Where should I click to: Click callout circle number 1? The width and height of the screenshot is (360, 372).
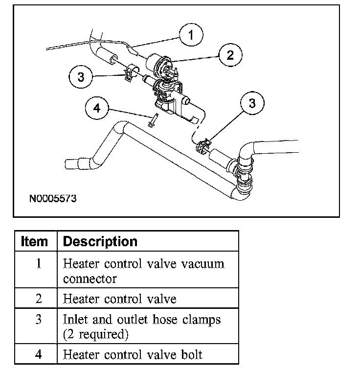coord(191,35)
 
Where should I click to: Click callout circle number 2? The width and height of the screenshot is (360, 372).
coord(230,55)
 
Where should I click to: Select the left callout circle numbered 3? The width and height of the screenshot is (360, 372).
coord(81,77)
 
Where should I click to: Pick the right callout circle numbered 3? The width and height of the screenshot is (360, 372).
coord(252,103)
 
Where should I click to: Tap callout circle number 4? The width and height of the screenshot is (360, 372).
coord(97,108)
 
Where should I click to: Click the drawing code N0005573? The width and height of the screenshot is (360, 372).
coord(52,199)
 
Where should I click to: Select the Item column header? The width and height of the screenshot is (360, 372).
coord(35,241)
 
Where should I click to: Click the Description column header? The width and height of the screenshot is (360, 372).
coord(100,241)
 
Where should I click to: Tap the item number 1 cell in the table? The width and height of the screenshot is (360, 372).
coord(38,263)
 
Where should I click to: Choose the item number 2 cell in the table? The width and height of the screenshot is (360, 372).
coord(38,298)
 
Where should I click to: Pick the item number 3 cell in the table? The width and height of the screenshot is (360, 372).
coord(38,320)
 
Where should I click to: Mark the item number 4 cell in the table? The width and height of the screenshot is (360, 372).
coord(38,354)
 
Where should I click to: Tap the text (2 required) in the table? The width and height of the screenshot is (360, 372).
coord(95,335)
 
